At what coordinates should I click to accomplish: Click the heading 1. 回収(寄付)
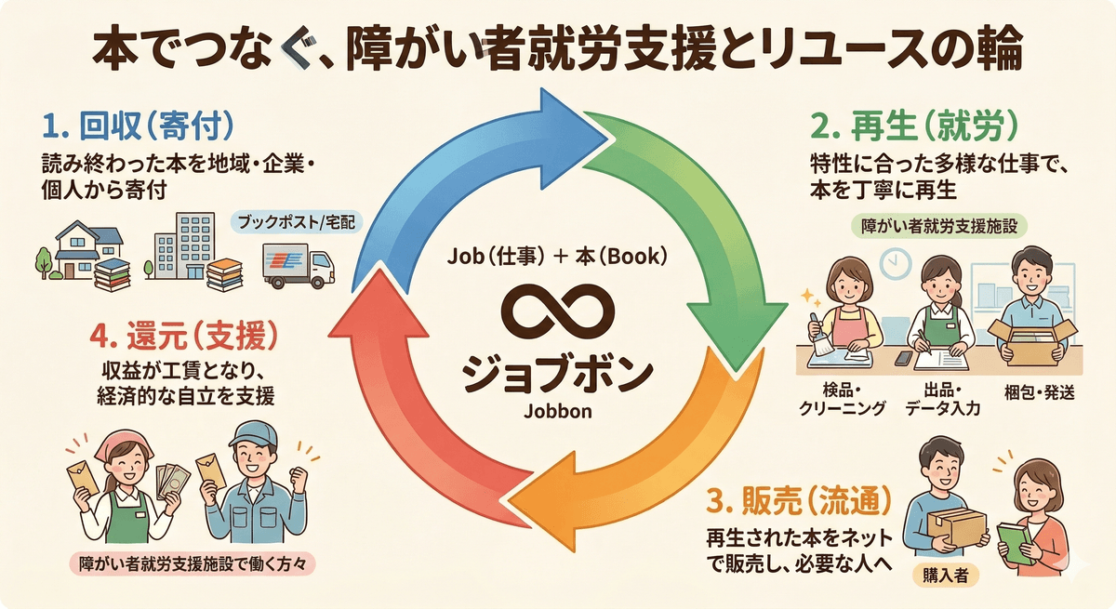click(x=137, y=124)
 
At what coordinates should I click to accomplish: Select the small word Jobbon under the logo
click(x=556, y=410)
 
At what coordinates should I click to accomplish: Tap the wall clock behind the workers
click(x=894, y=262)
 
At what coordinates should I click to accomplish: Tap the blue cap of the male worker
click(x=255, y=432)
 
